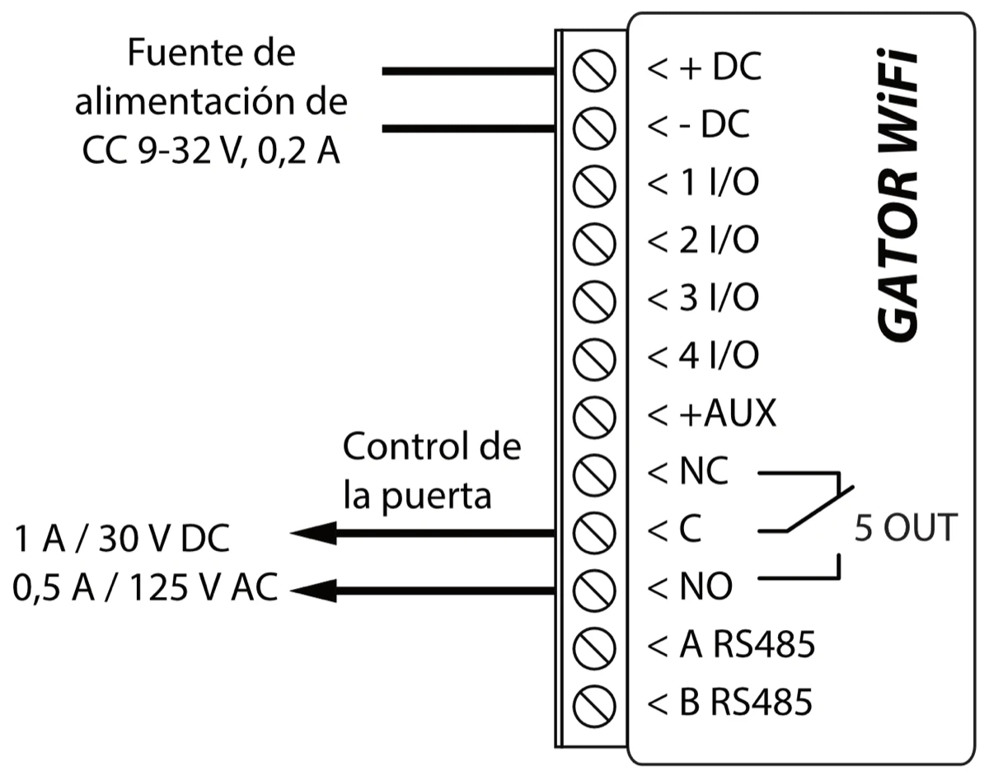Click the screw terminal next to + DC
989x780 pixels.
pyautogui.click(x=595, y=70)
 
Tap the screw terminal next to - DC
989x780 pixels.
pyautogui.click(x=595, y=128)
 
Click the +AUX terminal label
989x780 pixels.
pyautogui.click(x=713, y=413)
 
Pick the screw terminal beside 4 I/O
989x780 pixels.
pyautogui.click(x=595, y=357)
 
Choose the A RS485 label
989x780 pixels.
pyautogui.click(x=732, y=645)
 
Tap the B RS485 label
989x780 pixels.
pyautogui.click(x=732, y=703)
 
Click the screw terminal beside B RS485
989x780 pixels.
pyautogui.click(x=595, y=703)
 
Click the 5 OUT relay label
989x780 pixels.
pyautogui.click(x=904, y=528)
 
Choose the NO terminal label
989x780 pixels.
pyautogui.click(x=690, y=587)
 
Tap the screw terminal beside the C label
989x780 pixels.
pyautogui.click(x=595, y=530)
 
